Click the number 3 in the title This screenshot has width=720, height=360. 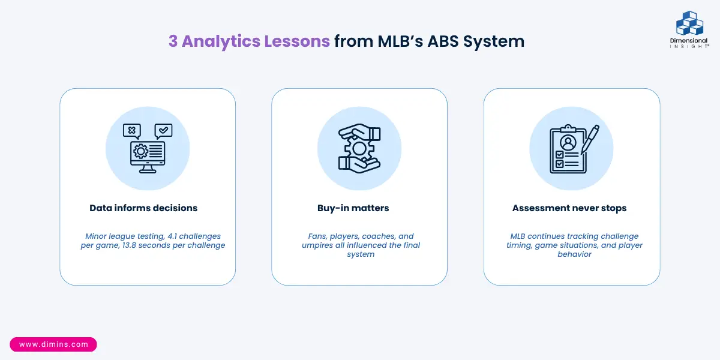click(173, 41)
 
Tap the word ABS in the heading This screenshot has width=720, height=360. click(443, 41)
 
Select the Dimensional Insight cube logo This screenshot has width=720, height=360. click(689, 23)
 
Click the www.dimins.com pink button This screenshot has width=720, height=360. click(53, 344)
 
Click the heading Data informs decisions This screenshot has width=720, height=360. click(143, 208)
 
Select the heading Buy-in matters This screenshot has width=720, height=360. click(353, 208)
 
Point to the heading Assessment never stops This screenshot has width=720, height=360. click(569, 208)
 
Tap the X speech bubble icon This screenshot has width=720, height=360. click(132, 131)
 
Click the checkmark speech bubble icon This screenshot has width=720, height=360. click(163, 131)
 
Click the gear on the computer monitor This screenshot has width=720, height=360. click(140, 151)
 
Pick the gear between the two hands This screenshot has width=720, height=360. click(359, 149)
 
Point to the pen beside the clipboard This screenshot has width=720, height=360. click(590, 139)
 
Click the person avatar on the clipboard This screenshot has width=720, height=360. click(568, 143)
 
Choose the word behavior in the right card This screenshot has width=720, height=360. click(574, 254)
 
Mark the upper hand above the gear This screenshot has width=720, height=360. click(360, 132)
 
